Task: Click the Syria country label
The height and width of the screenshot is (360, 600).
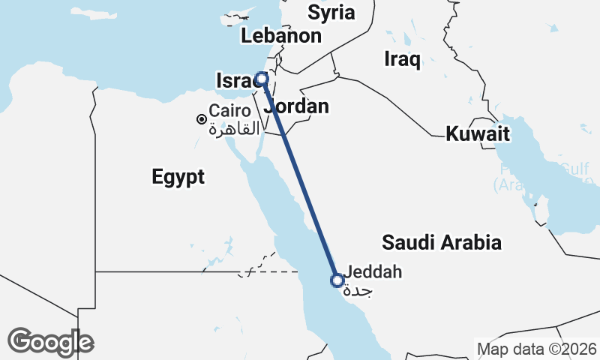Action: pyautogui.click(x=331, y=12)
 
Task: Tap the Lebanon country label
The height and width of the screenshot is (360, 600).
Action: pyautogui.click(x=281, y=35)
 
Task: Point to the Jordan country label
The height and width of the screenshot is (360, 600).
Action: pyautogui.click(x=298, y=106)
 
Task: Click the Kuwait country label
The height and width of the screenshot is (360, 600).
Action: pyautogui.click(x=478, y=134)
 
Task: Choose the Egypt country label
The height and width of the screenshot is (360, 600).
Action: pyautogui.click(x=178, y=177)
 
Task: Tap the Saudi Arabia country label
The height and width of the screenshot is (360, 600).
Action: pyautogui.click(x=441, y=242)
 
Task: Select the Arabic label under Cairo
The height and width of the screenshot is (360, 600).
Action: pyautogui.click(x=228, y=129)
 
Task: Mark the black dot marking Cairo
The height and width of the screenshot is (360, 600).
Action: pyautogui.click(x=201, y=119)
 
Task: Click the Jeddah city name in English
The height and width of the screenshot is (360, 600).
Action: pyautogui.click(x=375, y=271)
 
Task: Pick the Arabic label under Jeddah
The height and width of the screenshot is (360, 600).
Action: pyautogui.click(x=361, y=291)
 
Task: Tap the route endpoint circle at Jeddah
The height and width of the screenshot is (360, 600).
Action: pyautogui.click(x=337, y=280)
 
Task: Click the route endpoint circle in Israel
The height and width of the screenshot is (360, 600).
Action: pyautogui.click(x=262, y=78)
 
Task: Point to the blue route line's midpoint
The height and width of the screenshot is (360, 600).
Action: pyautogui.click(x=299, y=179)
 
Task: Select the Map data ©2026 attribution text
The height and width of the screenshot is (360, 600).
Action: pyautogui.click(x=536, y=349)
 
